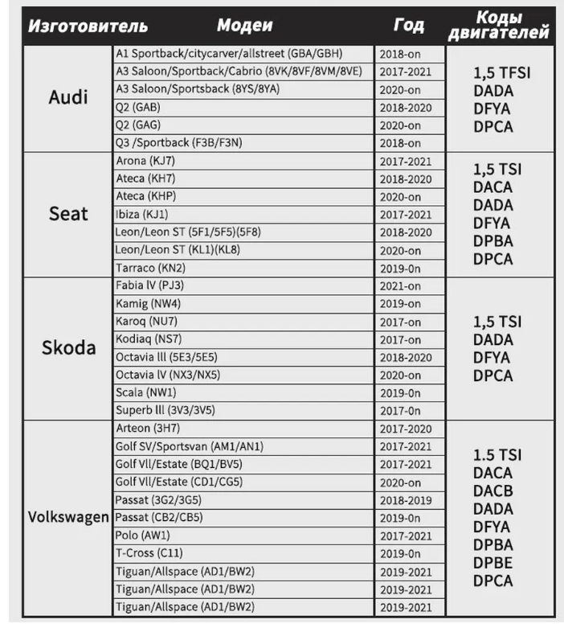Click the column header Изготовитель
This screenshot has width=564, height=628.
tap(88, 25)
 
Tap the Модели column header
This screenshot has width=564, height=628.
tap(244, 25)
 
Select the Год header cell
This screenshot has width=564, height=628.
tap(409, 25)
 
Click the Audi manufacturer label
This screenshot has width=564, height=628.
tap(69, 98)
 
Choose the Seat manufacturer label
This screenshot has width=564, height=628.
tap(69, 214)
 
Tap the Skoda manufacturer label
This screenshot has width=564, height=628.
tap(69, 348)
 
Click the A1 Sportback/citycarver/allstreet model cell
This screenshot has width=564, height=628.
tap(229, 54)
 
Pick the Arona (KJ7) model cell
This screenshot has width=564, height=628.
tap(152, 161)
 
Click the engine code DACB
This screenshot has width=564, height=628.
tap(492, 490)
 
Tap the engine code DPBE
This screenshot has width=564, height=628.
tap(492, 562)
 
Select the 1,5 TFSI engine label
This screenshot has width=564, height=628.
tap(502, 72)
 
